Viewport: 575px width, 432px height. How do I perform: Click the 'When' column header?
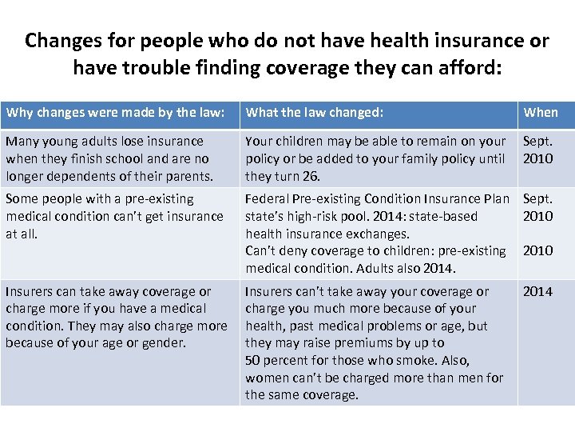point(541,113)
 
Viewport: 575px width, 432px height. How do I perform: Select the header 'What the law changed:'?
point(314,113)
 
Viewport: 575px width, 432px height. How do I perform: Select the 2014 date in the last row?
point(537,291)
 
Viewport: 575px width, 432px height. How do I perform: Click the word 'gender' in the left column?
point(159,343)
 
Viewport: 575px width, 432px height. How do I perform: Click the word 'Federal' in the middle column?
point(269,198)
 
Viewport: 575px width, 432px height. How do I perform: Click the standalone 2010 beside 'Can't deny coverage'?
point(537,250)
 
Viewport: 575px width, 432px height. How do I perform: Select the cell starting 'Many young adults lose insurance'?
point(120,158)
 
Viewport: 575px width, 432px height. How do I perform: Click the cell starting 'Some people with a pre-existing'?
point(120,216)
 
